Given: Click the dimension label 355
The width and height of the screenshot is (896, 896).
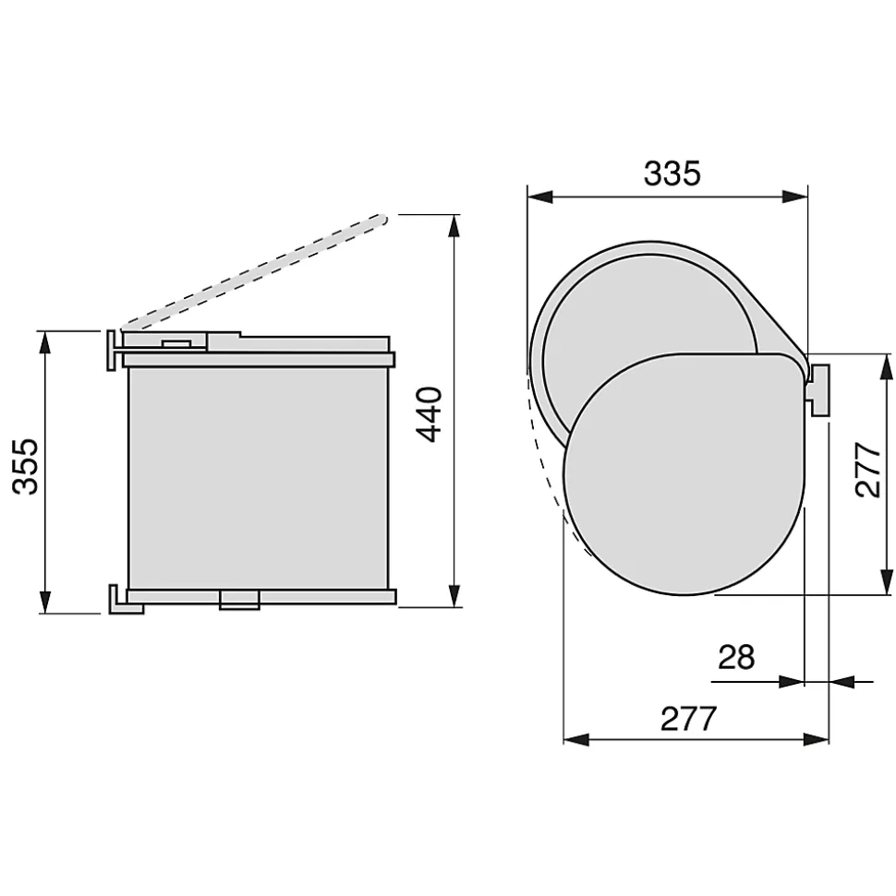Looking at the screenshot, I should click(28, 466).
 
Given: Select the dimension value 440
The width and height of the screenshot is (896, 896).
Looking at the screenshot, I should click(429, 414).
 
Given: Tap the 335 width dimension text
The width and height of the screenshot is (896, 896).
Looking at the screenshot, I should click(672, 173).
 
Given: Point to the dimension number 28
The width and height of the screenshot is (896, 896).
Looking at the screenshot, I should click(735, 658).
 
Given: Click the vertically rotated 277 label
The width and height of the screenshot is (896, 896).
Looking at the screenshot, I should click(868, 471).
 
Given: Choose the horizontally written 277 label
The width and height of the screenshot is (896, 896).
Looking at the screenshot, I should click(688, 718).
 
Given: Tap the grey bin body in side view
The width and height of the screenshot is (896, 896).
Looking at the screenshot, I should click(259, 475).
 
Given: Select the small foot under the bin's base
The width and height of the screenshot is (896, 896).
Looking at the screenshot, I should click(238, 602).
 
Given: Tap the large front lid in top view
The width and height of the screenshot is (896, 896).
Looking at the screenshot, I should click(684, 475).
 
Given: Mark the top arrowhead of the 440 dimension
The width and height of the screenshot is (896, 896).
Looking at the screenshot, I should click(453, 227).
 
